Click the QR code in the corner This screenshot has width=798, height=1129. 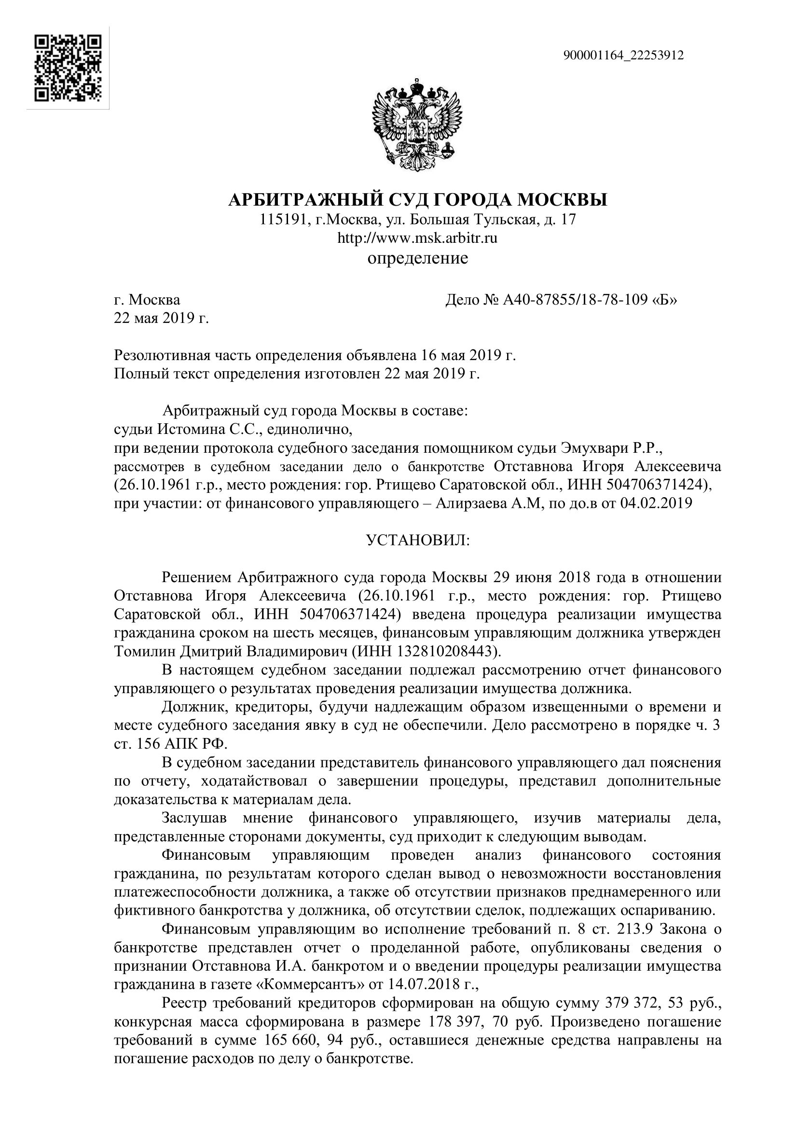[68, 68]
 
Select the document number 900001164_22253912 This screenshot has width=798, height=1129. [623, 56]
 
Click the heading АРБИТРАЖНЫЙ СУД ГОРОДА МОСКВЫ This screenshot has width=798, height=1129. [418, 200]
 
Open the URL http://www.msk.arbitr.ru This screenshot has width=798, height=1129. [418, 238]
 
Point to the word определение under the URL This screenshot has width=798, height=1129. [418, 258]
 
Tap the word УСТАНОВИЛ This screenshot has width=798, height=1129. [418, 541]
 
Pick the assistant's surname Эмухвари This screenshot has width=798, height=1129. [604, 448]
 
